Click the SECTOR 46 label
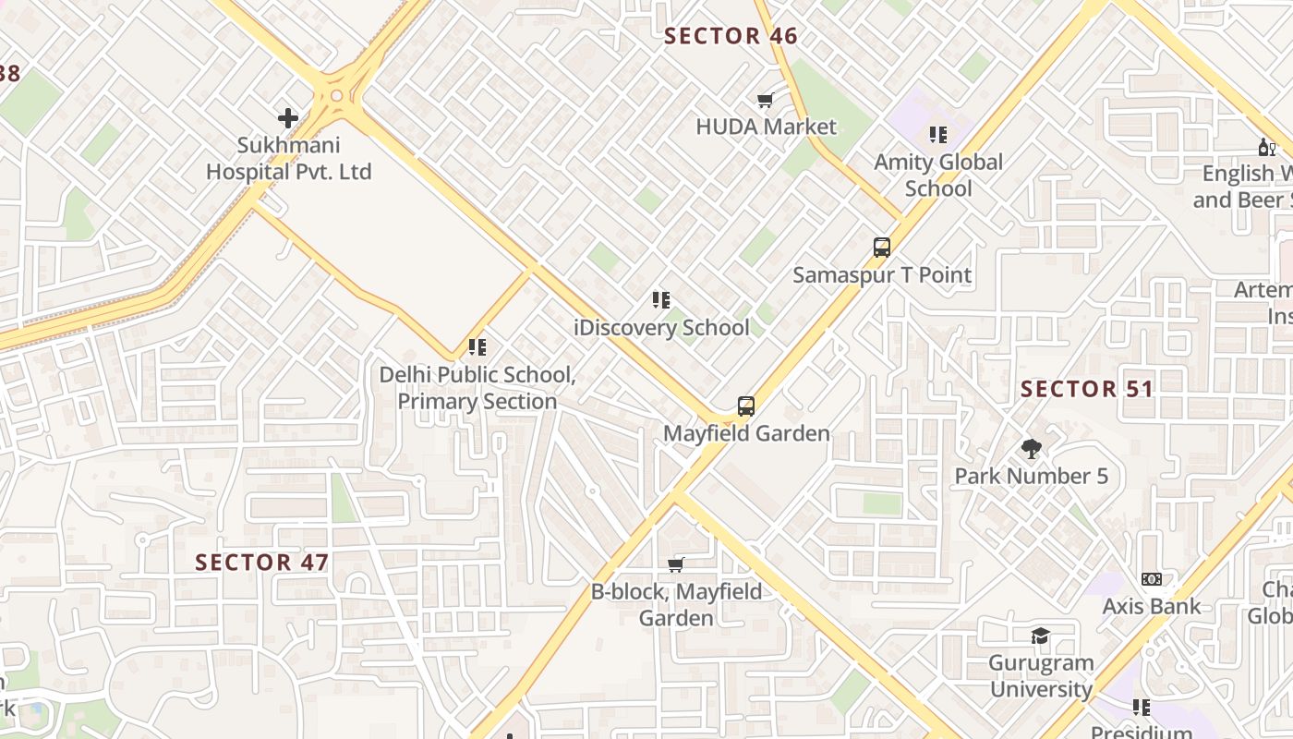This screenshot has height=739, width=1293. coord(731,37)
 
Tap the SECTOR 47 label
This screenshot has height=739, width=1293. coord(261,563)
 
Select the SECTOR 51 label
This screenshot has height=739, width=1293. coord(1087,389)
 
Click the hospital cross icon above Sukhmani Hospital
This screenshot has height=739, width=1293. coord(288,118)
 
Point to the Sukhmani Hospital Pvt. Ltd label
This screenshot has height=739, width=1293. coord(288,159)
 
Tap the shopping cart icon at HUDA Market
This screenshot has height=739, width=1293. coord(765,101)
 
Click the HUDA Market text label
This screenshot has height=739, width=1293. coord(766,127)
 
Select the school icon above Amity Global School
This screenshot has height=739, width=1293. coord(938,135)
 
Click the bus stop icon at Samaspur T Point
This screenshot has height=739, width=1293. coord(882,248)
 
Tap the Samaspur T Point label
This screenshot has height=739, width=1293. coord(882,275)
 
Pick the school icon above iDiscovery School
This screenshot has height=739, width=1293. coord(660,300)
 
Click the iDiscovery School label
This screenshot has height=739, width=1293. coord(661,328)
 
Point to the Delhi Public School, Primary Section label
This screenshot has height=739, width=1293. coord(477,388)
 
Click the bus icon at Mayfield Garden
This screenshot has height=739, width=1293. coord(746,406)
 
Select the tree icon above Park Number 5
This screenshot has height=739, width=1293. coord(1032,449)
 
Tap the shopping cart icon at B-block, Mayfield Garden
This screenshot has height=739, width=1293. coord(676,564)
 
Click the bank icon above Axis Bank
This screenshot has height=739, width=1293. coord(1152,579)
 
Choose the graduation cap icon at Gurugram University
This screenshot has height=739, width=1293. coord(1041,636)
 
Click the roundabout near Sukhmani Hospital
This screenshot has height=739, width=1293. coord(336,95)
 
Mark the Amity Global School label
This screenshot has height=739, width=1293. coord(938,176)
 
